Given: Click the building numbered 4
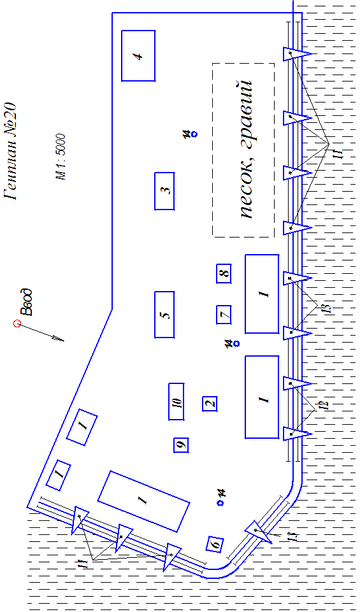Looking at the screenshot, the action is point(138,55).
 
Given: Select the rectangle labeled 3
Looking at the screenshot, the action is point(164,191).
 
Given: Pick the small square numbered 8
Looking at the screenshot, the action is point(224,273).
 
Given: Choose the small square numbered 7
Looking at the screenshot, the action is point(224,315).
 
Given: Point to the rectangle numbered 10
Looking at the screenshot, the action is point(176,402).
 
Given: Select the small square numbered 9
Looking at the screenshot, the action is point(181,445).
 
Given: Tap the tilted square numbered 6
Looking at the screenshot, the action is point(215,543).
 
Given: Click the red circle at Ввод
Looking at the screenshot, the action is point(17,324).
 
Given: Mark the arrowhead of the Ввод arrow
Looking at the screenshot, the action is point(60,338).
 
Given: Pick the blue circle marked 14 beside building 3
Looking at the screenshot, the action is point(194,134).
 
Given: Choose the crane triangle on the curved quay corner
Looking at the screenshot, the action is point(259,531).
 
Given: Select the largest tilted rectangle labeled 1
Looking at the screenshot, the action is point(144,501).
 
